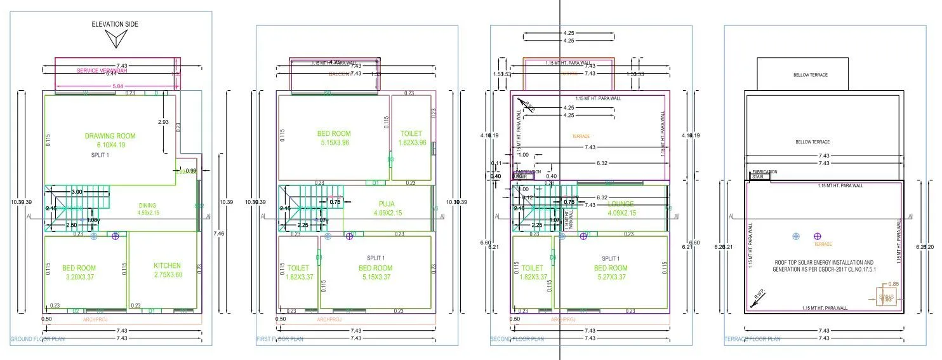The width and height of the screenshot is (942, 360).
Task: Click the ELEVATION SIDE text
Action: (x=114, y=24)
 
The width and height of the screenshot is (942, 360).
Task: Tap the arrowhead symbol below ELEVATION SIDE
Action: (x=115, y=40)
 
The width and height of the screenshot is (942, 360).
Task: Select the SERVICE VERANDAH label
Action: (x=102, y=70)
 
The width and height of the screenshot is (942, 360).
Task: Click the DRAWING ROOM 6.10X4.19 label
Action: (x=110, y=140)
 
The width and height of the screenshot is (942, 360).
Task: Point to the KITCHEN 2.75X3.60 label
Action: (x=167, y=270)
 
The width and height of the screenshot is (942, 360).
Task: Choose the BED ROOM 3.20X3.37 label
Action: (x=79, y=272)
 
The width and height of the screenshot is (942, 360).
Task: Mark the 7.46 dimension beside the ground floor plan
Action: (x=218, y=234)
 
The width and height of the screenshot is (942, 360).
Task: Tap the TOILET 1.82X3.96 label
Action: (x=411, y=138)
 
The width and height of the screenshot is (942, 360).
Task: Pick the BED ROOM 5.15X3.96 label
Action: (x=334, y=138)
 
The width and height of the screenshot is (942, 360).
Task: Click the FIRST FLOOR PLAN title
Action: (x=279, y=339)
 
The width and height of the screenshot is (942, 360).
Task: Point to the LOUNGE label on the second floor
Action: (x=620, y=204)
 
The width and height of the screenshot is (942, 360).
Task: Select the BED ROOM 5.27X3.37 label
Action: (x=610, y=272)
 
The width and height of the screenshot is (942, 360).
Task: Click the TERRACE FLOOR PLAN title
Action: (x=752, y=339)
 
